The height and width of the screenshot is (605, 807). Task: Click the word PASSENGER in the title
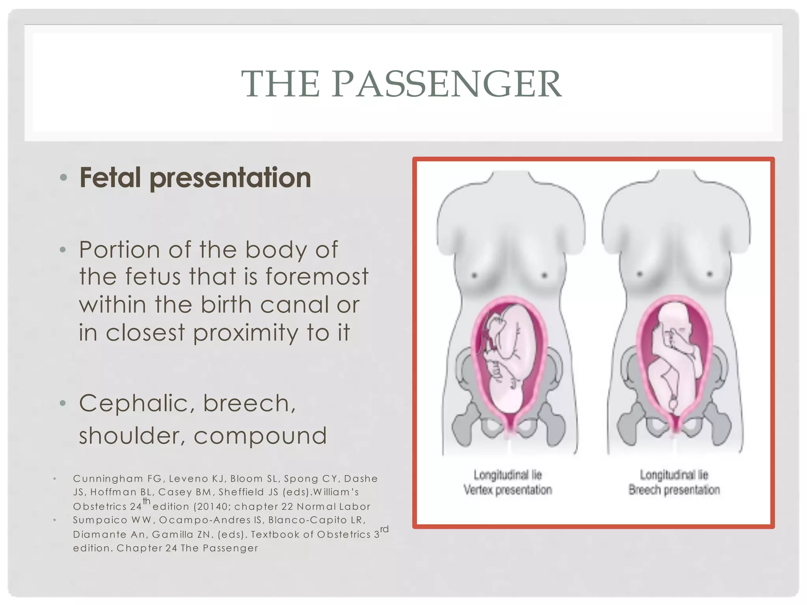tap(446, 84)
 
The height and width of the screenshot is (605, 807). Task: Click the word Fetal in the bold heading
tap(110, 178)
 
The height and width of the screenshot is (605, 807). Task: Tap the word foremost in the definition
tap(317, 277)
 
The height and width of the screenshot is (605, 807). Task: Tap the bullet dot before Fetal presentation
tap(63, 178)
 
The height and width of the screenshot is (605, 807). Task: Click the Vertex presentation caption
tap(508, 490)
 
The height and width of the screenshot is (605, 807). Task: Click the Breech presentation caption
tap(674, 490)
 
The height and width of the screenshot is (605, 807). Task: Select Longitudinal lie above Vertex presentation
tap(508, 475)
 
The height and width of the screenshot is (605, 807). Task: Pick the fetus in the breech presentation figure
tap(674, 354)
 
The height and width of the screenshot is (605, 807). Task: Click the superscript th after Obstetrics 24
tap(147, 501)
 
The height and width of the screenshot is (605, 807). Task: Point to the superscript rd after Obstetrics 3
tap(384, 529)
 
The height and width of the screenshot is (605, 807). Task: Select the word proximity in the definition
tap(245, 333)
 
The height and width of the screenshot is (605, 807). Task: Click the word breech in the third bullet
tap(249, 404)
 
